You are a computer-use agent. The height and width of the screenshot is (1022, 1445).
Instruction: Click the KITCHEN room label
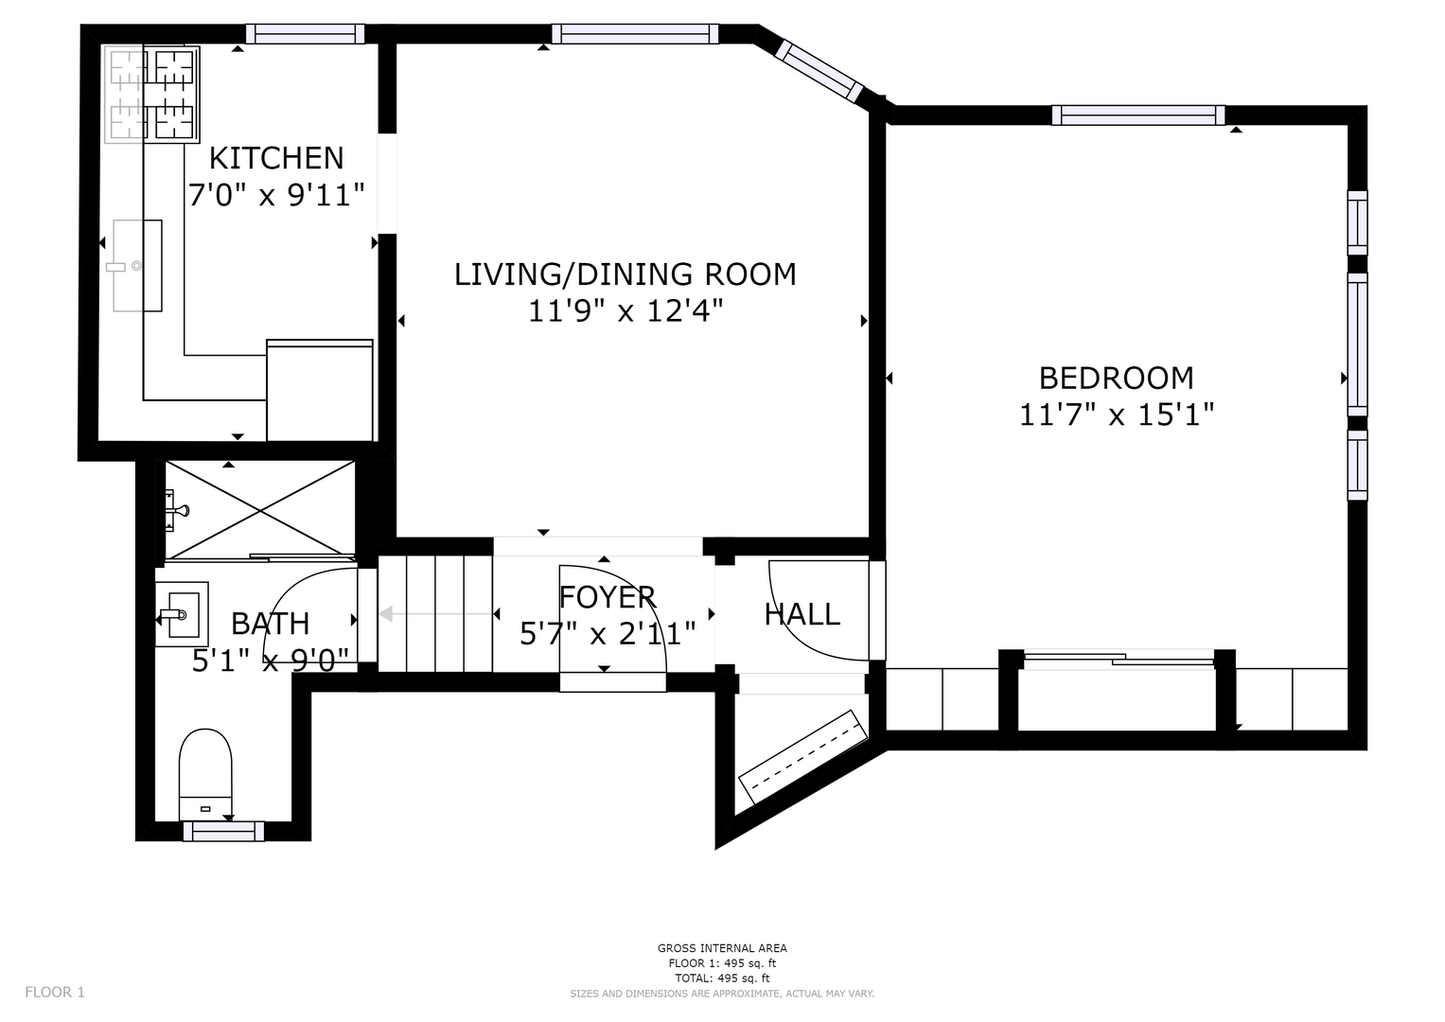(x=276, y=159)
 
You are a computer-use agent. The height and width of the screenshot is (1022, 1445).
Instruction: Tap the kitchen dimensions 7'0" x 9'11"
(x=276, y=194)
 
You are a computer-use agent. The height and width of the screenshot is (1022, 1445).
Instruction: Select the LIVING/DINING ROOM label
(x=626, y=274)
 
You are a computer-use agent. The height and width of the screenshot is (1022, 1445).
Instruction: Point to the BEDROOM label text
(x=1116, y=379)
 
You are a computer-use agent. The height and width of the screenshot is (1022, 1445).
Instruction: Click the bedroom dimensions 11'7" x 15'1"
(x=1116, y=414)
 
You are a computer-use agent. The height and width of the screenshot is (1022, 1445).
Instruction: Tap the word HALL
(x=802, y=615)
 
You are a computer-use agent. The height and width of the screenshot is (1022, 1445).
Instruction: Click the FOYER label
(x=607, y=597)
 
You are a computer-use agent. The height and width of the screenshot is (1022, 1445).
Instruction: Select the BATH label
(x=271, y=624)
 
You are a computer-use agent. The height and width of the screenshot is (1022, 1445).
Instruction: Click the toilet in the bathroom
(x=205, y=774)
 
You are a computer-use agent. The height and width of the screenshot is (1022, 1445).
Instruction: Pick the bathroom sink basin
(x=182, y=613)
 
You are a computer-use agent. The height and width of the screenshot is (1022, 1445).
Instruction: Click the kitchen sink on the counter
(x=137, y=266)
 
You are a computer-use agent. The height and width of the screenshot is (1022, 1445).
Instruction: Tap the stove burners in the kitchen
(x=152, y=95)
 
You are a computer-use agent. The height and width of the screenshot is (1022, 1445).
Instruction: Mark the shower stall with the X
(x=260, y=510)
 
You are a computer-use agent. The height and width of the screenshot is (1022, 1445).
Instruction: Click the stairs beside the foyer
(x=435, y=613)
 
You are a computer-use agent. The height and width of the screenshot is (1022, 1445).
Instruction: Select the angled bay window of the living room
(x=819, y=72)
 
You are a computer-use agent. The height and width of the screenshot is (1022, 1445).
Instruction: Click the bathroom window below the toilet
(x=224, y=831)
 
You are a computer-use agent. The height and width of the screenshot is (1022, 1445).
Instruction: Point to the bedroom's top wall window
(x=1138, y=115)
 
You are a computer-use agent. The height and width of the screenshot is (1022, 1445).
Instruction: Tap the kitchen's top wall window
(x=305, y=33)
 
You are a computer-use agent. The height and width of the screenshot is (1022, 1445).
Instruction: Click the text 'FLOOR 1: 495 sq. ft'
(x=722, y=963)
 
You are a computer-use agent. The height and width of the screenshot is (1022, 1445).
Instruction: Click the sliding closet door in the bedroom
(x=1119, y=659)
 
